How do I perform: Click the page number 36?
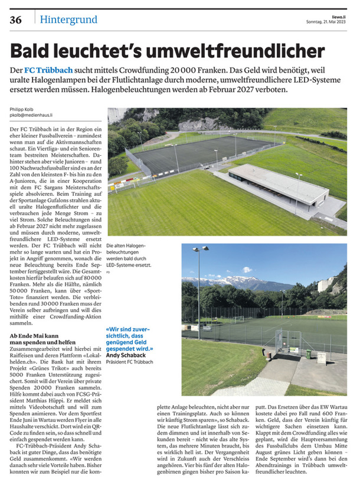pos(15,19)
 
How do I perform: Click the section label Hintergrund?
pos(66,19)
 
